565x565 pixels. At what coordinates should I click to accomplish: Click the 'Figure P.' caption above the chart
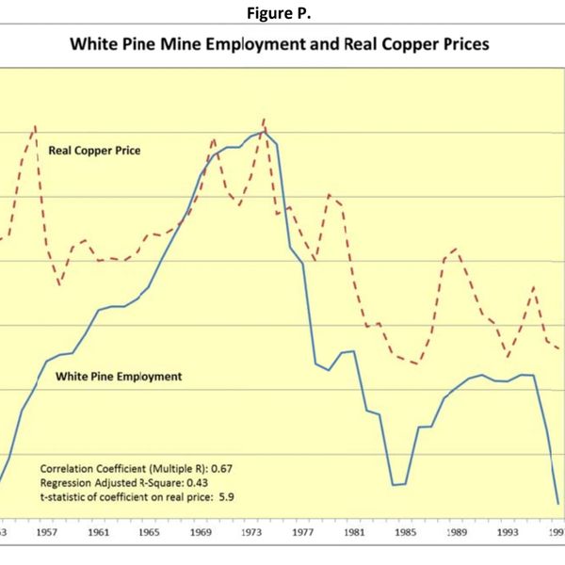[283, 12]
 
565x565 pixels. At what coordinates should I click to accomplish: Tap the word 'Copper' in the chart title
[407, 45]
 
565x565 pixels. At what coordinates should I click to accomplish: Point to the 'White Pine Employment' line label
[119, 377]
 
